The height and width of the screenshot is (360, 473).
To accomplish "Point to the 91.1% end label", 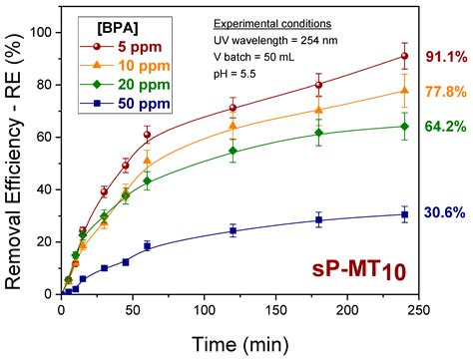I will tap(445, 57).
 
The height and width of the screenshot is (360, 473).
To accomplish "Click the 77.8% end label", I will tap(445, 92).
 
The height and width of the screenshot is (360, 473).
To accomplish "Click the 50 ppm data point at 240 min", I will tap(404, 214).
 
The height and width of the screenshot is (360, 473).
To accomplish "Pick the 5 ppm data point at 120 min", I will tap(233, 108).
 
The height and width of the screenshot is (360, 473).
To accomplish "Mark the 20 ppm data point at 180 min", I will tap(318, 133).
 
